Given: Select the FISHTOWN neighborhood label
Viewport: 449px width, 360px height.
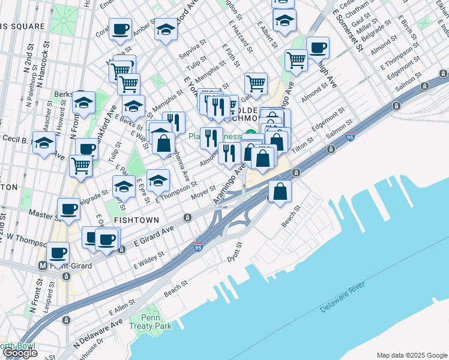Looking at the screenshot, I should pyautogui.click(x=135, y=220).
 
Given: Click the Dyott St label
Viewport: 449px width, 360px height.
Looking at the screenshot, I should pyautogui.click(x=234, y=252).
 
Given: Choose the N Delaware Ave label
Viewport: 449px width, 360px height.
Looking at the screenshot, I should pyautogui.click(x=99, y=335).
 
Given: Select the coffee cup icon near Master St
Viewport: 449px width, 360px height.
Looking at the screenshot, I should pyautogui.click(x=69, y=209).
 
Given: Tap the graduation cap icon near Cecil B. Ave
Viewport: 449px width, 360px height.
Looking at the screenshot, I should pyautogui.click(x=44, y=143).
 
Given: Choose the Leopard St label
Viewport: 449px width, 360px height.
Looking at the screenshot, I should pyautogui.click(x=47, y=299).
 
